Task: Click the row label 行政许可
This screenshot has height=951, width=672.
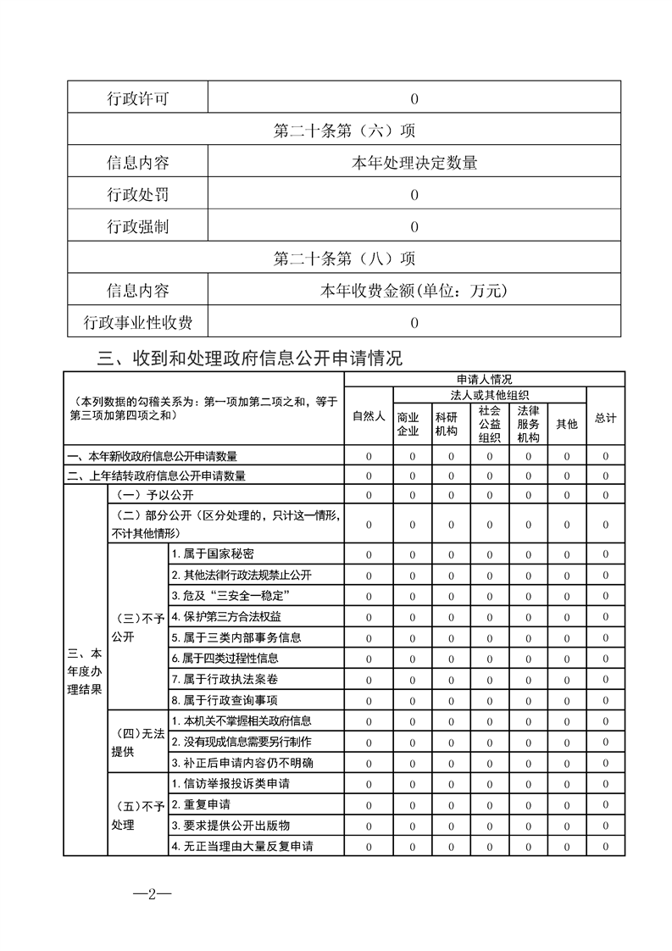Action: (137, 98)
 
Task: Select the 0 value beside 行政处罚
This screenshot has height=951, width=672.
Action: (414, 195)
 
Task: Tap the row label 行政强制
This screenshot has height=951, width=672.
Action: (137, 226)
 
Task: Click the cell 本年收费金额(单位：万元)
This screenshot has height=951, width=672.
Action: (414, 291)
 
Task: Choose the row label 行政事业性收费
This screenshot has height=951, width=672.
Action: (137, 322)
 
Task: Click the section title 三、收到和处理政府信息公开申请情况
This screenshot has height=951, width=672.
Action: (249, 359)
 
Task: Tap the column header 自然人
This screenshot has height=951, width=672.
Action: (369, 417)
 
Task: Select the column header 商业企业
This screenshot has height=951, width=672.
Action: (408, 424)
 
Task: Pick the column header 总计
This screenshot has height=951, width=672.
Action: (605, 418)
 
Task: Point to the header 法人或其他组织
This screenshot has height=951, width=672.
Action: (490, 394)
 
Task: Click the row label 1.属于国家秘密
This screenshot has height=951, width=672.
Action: (218, 553)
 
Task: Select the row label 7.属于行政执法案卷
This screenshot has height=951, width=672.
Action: (225, 680)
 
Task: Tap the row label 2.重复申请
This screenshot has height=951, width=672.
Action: (201, 804)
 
